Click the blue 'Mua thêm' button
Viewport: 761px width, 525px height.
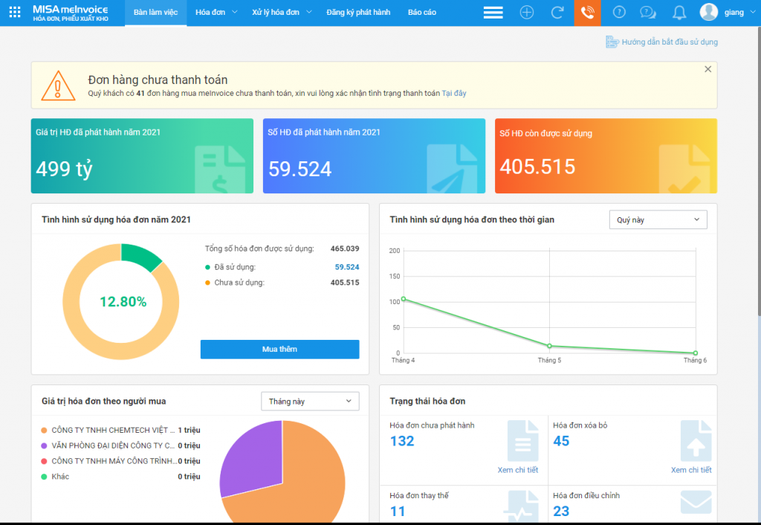[x=279, y=350]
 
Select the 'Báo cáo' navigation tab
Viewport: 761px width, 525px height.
[x=422, y=13]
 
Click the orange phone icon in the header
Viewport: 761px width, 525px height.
[x=587, y=13]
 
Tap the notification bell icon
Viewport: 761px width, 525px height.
[x=679, y=13]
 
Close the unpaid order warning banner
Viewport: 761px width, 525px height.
[x=707, y=69]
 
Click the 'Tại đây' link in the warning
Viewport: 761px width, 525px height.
[x=454, y=94]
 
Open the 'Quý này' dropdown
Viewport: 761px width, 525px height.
[x=658, y=220]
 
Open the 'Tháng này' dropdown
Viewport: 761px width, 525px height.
[x=310, y=402]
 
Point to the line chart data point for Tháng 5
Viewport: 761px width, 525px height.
[x=549, y=346]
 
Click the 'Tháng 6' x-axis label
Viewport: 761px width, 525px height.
[x=695, y=361]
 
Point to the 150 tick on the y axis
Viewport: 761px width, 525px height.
[x=394, y=277]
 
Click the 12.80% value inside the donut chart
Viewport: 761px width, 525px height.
[x=123, y=302]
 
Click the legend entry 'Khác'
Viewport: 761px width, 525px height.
[x=60, y=477]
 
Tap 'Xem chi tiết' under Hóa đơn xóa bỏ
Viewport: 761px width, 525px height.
[x=691, y=470]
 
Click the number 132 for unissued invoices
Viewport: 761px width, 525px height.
[x=402, y=441]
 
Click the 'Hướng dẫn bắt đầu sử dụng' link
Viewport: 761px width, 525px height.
[x=669, y=42]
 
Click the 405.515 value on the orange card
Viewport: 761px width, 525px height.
[x=537, y=167]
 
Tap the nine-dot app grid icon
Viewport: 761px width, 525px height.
[x=15, y=13]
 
